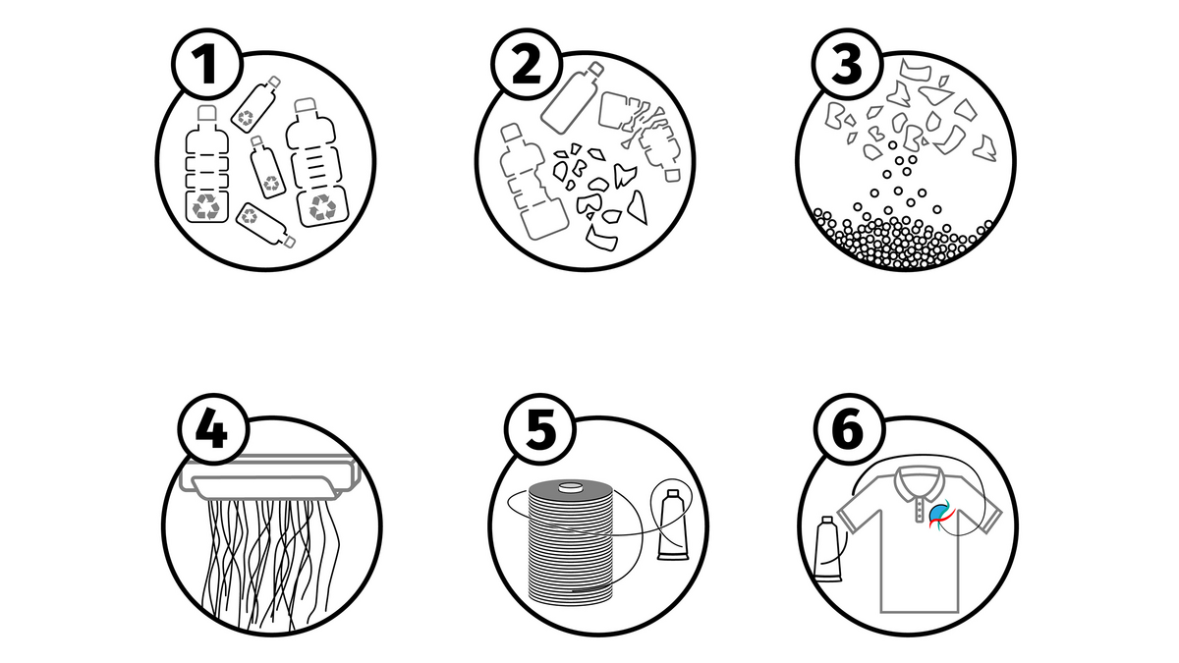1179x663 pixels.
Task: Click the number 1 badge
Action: point(207,64)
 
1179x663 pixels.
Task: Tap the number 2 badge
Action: point(526,64)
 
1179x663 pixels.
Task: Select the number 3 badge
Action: point(847,64)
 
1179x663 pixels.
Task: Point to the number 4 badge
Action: point(212,428)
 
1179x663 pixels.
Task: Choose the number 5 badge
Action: point(540,428)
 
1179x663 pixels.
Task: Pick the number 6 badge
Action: point(849,428)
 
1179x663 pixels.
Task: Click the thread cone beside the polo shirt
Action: point(828,549)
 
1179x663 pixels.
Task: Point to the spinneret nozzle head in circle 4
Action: point(270,477)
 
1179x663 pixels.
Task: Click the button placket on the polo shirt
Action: point(919,509)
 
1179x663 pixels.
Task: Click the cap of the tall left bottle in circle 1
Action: point(207,112)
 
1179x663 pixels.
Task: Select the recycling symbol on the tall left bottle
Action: point(207,205)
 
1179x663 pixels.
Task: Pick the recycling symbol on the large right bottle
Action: point(322,207)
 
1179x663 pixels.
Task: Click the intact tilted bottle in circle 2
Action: point(572,98)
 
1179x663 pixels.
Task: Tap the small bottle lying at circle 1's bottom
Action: point(266,225)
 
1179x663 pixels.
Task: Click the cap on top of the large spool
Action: point(570,486)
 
